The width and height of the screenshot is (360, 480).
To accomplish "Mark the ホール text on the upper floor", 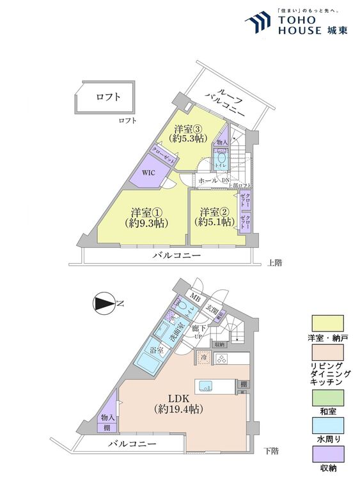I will [208, 181].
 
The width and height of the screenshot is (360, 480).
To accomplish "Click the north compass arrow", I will [104, 304].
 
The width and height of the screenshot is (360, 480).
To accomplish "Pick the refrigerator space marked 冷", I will [203, 359].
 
